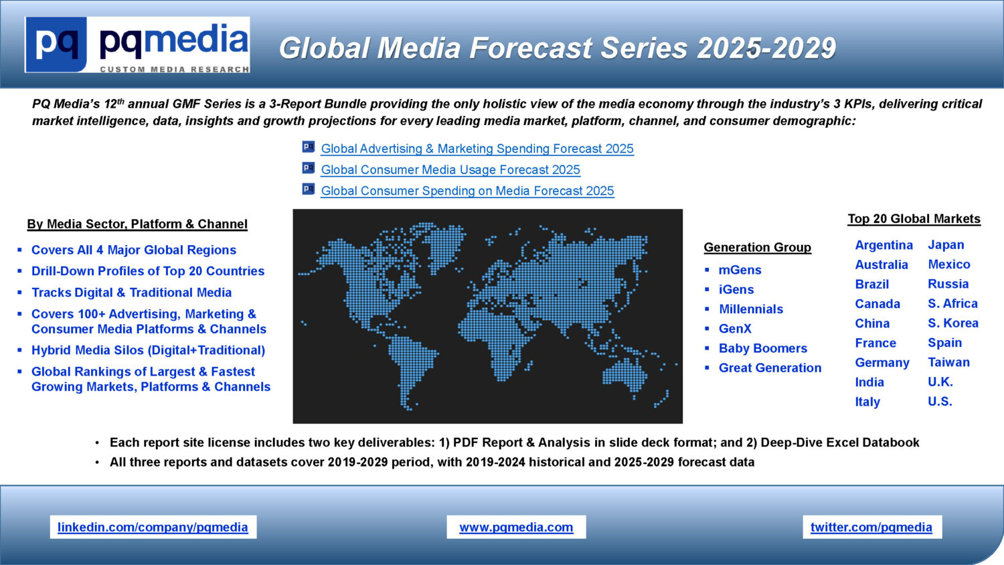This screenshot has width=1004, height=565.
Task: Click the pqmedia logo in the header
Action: [x=137, y=45]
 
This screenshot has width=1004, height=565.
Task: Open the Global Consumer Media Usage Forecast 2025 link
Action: [x=450, y=170]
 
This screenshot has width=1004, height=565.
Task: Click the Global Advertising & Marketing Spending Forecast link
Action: [x=477, y=149]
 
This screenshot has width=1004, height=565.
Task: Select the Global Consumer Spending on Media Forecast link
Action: [x=467, y=191]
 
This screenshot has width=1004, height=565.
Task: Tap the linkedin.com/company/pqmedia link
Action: [x=153, y=528]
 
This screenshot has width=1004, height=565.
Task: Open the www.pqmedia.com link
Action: [x=516, y=528]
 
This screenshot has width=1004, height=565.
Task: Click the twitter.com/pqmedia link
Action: [x=871, y=528]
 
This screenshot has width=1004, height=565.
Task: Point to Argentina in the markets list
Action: [x=884, y=245]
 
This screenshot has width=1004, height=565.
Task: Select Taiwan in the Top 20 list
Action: [x=949, y=362]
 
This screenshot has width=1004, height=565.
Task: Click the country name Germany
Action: [x=882, y=363]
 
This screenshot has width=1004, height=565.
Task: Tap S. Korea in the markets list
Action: [x=953, y=323]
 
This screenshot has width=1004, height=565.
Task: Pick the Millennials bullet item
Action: [x=751, y=309]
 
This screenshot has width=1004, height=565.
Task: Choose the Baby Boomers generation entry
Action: [x=763, y=348]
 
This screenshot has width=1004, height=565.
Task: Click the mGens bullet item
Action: [x=740, y=270]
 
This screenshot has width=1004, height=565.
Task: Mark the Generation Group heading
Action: [x=758, y=248]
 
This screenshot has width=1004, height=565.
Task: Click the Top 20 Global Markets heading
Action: [x=914, y=219]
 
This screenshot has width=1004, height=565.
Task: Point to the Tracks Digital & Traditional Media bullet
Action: [x=131, y=293]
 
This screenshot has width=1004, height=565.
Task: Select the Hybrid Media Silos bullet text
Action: [x=149, y=350]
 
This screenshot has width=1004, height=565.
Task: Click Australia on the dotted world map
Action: [x=624, y=373]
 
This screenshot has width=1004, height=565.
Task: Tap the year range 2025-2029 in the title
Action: [x=766, y=48]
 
